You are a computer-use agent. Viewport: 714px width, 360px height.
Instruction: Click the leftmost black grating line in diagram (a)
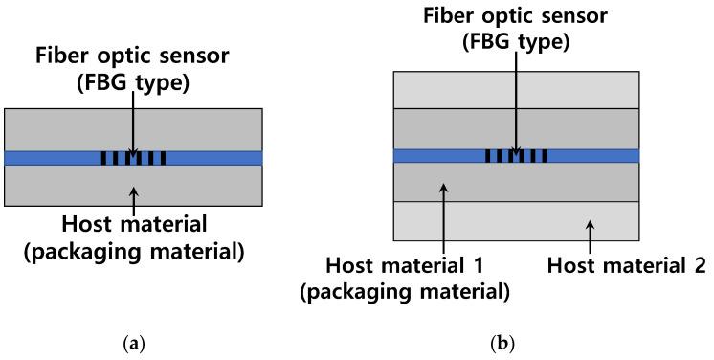coord(103,158)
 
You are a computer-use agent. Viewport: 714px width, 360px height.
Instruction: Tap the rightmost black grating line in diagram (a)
coord(164,158)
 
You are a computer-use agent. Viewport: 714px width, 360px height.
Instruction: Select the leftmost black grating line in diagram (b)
coord(488,155)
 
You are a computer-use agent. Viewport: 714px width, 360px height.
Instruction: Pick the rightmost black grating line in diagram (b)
coord(545,155)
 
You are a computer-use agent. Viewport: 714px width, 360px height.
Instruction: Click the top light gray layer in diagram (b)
coord(517,89)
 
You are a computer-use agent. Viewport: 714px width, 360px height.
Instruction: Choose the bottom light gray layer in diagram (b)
coord(517,220)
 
